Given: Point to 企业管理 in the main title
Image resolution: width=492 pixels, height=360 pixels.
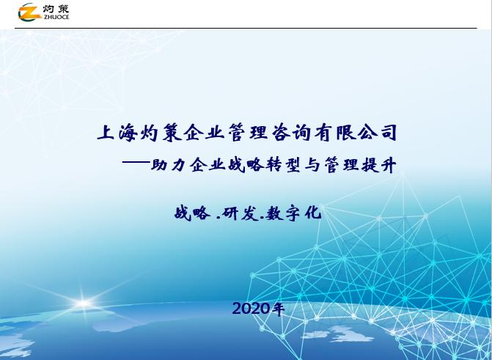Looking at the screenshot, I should pos(222,133).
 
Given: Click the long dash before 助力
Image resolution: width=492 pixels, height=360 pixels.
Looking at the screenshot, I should pos(139,166).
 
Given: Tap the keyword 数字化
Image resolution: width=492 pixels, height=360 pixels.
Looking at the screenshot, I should pos(294,213).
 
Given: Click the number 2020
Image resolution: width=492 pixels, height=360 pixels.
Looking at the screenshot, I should pos(251,309).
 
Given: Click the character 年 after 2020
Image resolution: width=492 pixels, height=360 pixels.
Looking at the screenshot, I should pos(279,309).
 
